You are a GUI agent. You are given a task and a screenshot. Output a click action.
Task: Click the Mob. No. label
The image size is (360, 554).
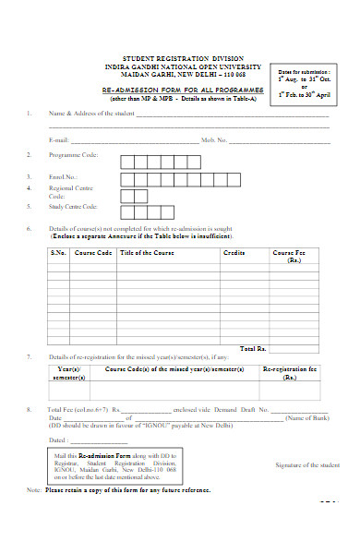point(213,139)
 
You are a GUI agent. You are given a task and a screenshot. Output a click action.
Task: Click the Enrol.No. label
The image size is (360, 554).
point(62,176)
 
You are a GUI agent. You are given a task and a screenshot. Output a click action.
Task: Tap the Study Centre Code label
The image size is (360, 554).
point(72,207)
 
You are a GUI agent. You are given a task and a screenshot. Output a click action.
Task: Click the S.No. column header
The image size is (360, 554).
point(57,251)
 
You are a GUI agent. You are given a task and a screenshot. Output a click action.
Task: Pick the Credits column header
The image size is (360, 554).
point(234,251)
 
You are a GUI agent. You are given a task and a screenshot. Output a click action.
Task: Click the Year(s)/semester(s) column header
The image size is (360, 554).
point(68,373)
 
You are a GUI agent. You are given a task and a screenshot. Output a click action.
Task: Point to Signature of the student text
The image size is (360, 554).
point(308,464)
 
